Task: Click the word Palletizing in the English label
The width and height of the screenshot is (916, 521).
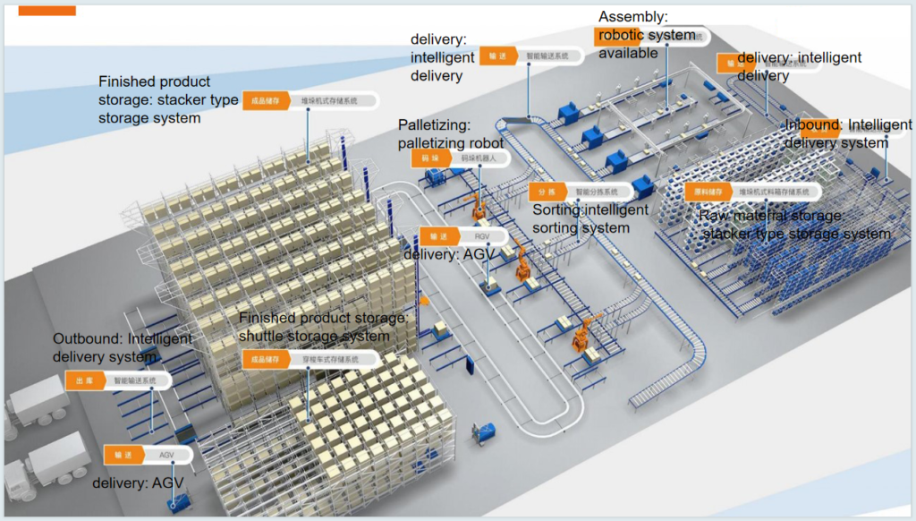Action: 434,126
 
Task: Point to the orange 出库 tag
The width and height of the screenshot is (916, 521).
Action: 83,380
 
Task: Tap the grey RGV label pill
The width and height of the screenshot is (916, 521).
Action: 481,237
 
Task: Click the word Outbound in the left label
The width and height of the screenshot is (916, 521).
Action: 87,339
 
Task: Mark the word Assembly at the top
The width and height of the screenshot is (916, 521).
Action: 633,17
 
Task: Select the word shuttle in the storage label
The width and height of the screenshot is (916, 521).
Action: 263,337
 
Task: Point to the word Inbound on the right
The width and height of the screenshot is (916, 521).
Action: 812,125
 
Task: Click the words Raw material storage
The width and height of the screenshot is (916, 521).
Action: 770,216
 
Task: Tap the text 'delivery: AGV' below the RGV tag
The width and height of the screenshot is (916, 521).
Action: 447,255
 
